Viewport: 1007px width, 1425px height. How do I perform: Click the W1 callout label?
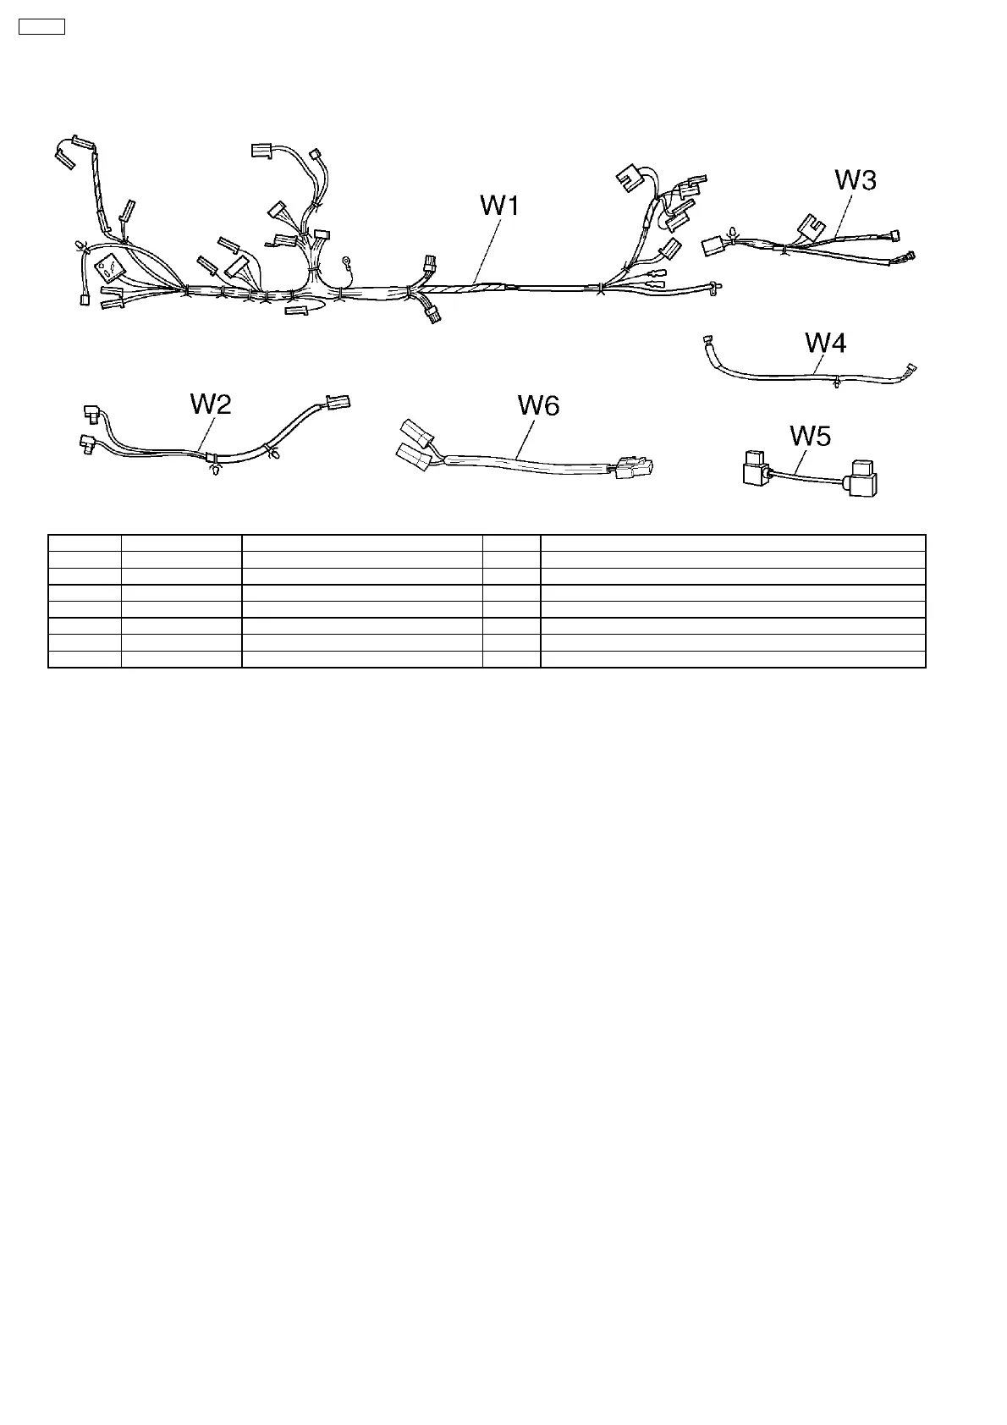[499, 206]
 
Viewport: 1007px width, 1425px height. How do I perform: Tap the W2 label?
[211, 404]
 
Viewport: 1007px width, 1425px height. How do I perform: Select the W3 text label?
[856, 180]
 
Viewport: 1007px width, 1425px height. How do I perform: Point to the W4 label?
[825, 343]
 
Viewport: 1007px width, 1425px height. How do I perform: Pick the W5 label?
[810, 436]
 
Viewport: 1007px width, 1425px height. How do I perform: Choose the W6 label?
[538, 406]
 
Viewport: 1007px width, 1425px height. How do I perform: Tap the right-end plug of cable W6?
[634, 468]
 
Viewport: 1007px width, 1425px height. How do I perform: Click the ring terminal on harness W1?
[346, 261]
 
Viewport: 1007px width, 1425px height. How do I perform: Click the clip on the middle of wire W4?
[836, 383]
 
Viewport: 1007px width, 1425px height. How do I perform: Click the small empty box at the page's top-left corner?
[41, 27]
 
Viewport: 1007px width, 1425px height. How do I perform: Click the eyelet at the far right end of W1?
[716, 289]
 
